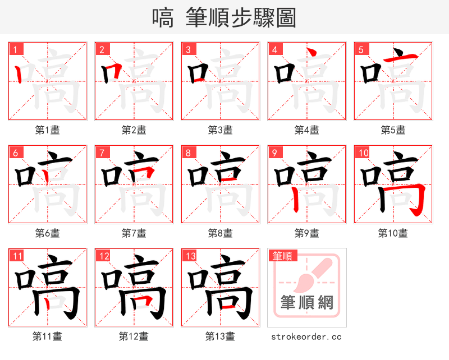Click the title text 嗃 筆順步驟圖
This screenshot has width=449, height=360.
pos(224,18)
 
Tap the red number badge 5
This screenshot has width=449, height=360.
pos(361,49)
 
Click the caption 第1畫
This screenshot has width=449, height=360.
pos(48,130)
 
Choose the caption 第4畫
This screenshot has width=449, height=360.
pos(306,130)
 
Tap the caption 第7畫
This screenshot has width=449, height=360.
pos(134,233)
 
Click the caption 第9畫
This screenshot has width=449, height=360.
pos(306,233)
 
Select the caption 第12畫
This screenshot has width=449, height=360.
pos(134,336)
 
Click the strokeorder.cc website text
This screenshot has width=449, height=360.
pos(306,337)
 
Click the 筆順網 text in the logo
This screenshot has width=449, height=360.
pos(307,303)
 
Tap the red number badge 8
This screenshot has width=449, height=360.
pos(189,153)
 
